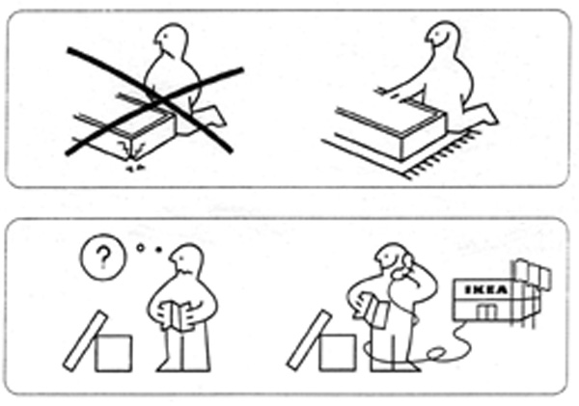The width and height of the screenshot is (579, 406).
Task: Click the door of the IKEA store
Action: click(486, 312)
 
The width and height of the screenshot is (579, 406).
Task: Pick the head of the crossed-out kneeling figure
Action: click(171, 40)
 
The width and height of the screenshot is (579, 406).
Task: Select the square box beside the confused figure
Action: click(113, 353)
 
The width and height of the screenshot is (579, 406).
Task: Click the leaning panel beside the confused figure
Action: click(85, 340)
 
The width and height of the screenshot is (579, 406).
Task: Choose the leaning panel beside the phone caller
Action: click(310, 339)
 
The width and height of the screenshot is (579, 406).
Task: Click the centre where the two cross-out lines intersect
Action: click(155, 99)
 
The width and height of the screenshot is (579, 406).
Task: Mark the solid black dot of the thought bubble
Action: click(159, 250)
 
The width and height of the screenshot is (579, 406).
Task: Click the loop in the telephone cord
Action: click(436, 354)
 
